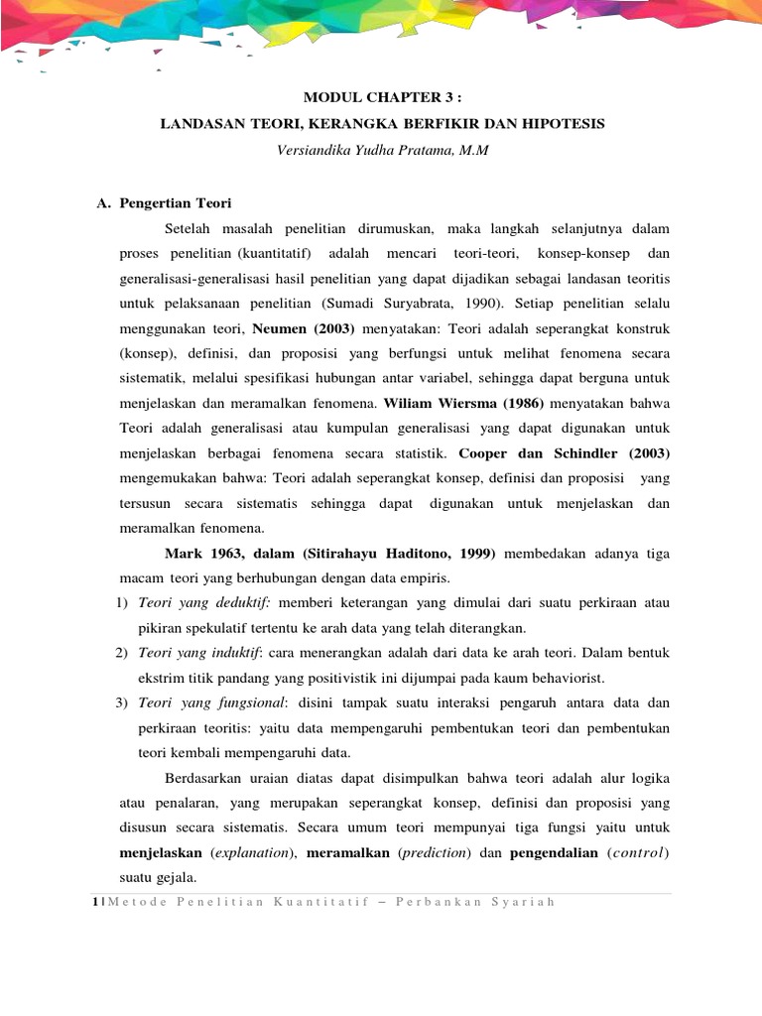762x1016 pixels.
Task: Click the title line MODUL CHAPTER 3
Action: (382, 99)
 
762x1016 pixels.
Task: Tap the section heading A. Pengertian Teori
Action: (164, 203)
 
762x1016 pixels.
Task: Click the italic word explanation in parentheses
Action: (256, 852)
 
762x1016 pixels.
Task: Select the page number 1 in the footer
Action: (94, 901)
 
